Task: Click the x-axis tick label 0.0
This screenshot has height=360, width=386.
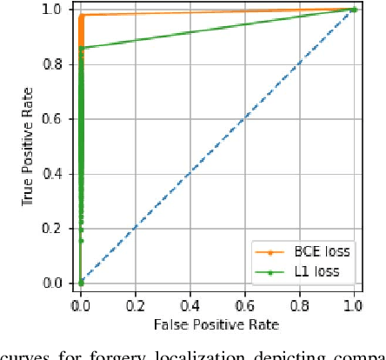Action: click(x=81, y=306)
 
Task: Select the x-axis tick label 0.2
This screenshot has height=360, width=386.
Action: click(x=136, y=306)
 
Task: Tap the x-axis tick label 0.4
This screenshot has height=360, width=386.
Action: click(x=190, y=306)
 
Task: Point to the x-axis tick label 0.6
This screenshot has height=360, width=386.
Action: click(x=245, y=306)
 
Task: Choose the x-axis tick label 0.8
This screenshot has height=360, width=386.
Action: click(x=300, y=306)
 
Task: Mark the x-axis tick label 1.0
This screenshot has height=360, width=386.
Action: click(x=354, y=306)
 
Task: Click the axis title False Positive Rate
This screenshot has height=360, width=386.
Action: click(x=217, y=324)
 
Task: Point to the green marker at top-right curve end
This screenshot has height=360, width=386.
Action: click(x=354, y=10)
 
